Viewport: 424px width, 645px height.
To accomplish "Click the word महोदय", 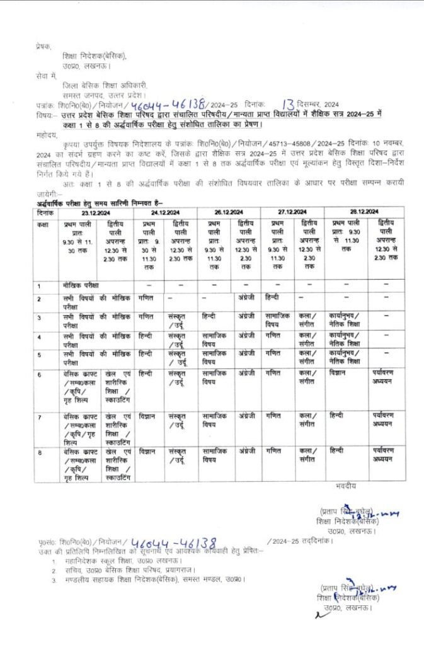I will pyautogui.click(x=47, y=134).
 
